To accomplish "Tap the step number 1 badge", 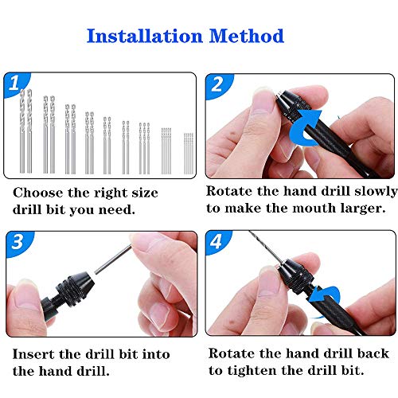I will click(x=14, y=83).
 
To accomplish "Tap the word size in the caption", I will click(x=142, y=193).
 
